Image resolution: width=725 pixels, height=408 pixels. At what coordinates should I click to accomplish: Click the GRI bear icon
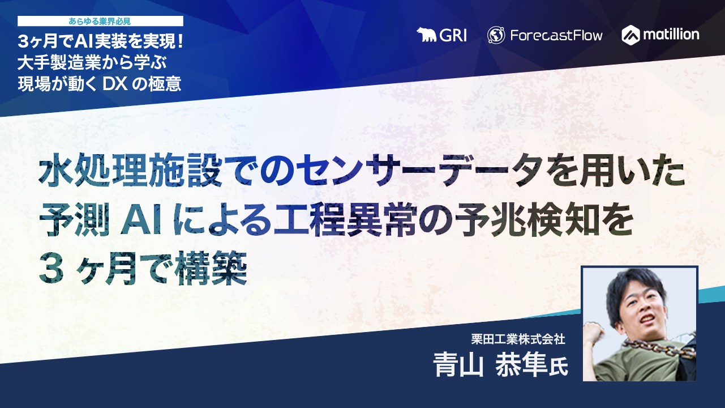coord(427,35)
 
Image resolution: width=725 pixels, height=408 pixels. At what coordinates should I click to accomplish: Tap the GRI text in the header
coord(453,35)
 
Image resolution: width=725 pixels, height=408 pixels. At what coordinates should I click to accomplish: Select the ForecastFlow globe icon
coord(496,35)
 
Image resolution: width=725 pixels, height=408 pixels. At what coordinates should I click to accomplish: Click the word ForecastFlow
coord(556,35)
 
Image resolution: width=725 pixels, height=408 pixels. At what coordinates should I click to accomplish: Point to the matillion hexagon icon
coord(630,35)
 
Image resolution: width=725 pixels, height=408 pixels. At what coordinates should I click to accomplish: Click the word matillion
coord(671,35)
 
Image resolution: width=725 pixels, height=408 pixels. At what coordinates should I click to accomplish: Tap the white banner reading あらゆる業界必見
coord(100,21)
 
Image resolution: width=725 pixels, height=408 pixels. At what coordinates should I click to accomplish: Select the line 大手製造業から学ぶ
coord(91,62)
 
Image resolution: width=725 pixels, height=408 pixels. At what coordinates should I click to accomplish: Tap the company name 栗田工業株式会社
coord(518,339)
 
